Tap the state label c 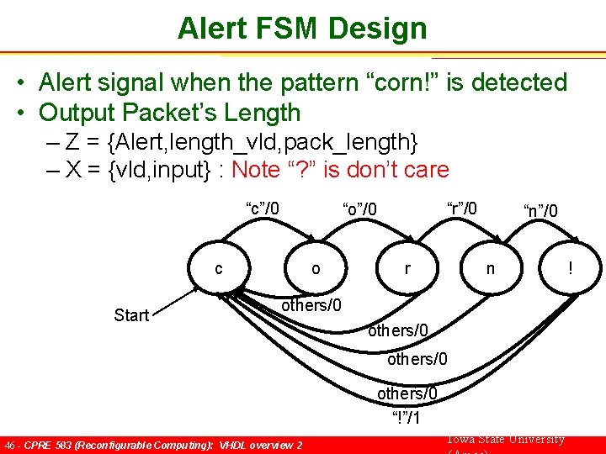pyautogui.click(x=219, y=269)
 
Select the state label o pyautogui.click(x=316, y=269)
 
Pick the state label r pyautogui.click(x=407, y=269)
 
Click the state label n pyautogui.click(x=490, y=269)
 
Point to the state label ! pyautogui.click(x=571, y=269)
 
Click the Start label pyautogui.click(x=131, y=315)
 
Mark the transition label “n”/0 pyautogui.click(x=540, y=210)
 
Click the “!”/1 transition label pyautogui.click(x=407, y=418)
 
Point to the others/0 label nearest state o pyautogui.click(x=311, y=305)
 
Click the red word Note pyautogui.click(x=256, y=170)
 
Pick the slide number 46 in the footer pyautogui.click(x=10, y=445)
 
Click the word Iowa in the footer pyautogui.click(x=461, y=440)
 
